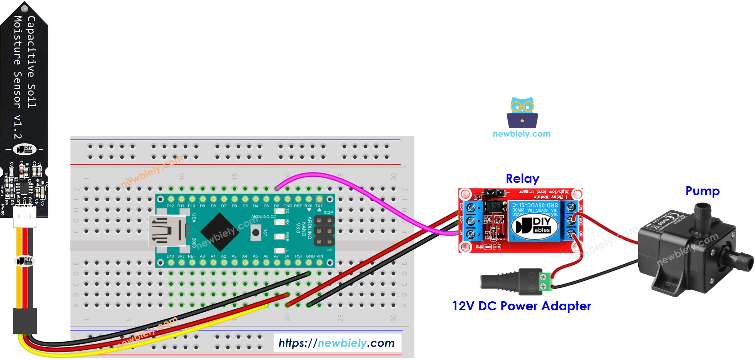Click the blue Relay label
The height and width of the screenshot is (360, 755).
pyautogui.click(x=522, y=179)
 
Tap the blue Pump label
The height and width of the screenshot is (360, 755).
pyautogui.click(x=702, y=191)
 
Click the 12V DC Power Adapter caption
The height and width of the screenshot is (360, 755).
pyautogui.click(x=521, y=306)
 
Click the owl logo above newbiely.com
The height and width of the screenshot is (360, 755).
pyautogui.click(x=522, y=112)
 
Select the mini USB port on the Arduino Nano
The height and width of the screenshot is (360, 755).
pyautogui.click(x=167, y=231)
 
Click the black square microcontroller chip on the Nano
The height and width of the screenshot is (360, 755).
pyautogui.click(x=220, y=232)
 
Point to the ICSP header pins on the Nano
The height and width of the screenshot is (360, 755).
pyautogui.click(x=324, y=231)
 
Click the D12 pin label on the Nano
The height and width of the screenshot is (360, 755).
pyautogui.click(x=170, y=206)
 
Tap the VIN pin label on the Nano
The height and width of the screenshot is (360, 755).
pyautogui.click(x=320, y=256)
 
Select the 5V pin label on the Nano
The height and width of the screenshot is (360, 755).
pyautogui.click(x=287, y=256)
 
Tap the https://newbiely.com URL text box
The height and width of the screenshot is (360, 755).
pyautogui.click(x=337, y=343)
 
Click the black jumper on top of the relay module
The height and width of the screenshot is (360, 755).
pyautogui.click(x=494, y=193)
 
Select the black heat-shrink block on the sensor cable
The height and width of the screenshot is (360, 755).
pyautogui.click(x=25, y=321)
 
